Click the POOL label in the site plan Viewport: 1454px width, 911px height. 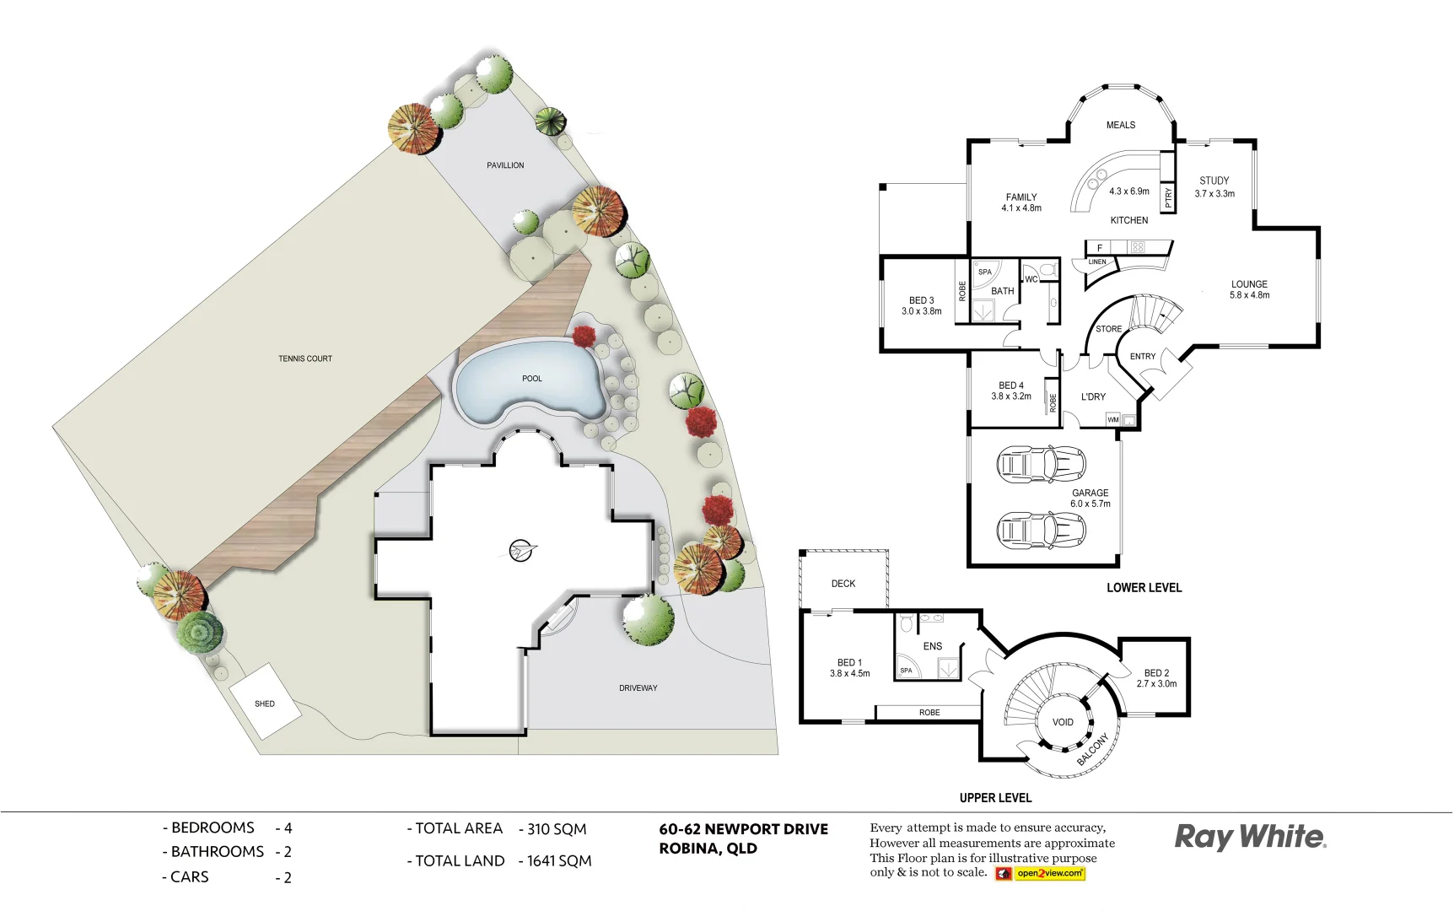(531, 379)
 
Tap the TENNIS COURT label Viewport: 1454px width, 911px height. (305, 358)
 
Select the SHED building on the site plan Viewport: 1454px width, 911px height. (265, 702)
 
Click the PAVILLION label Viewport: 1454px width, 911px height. (505, 165)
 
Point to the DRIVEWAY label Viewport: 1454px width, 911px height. (638, 688)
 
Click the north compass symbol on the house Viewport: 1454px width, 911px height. (522, 551)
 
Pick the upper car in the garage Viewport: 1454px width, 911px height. (1041, 464)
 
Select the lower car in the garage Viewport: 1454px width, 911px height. (1041, 531)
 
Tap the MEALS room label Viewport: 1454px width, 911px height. (1120, 125)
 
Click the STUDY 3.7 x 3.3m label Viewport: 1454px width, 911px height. (1214, 186)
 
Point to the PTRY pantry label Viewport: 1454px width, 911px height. (1168, 197)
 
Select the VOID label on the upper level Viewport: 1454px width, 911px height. (1063, 722)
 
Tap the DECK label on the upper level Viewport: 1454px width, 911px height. (843, 584)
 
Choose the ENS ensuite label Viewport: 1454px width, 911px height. (932, 646)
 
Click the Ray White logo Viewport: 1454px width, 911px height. (1250, 837)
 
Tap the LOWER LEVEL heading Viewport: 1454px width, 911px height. (1144, 588)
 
